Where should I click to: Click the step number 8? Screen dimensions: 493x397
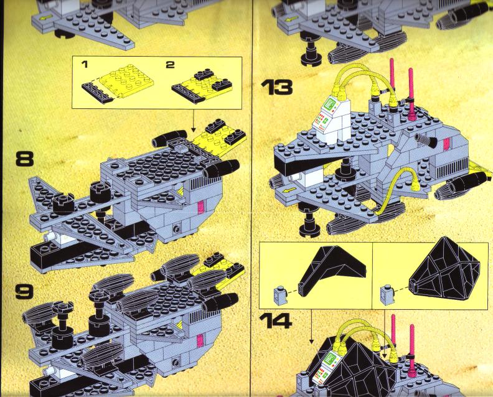[24, 159]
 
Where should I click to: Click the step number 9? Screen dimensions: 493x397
[24, 292]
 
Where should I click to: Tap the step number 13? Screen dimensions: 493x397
[276, 87]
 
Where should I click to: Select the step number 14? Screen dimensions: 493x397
[276, 321]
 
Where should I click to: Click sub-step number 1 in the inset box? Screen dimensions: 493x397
[84, 65]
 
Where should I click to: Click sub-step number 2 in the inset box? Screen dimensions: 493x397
[170, 65]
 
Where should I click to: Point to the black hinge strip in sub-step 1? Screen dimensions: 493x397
[98, 94]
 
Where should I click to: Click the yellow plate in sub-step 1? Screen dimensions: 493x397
[126, 80]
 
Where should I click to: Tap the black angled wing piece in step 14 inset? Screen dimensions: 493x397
[332, 269]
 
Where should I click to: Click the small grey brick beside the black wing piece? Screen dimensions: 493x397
[279, 296]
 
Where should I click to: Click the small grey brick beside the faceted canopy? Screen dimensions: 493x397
[386, 294]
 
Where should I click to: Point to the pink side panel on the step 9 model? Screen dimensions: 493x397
[200, 341]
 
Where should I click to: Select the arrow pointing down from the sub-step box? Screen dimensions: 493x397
[194, 121]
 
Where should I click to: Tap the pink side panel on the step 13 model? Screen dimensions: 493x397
[446, 144]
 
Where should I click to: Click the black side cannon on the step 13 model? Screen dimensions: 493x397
[426, 140]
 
